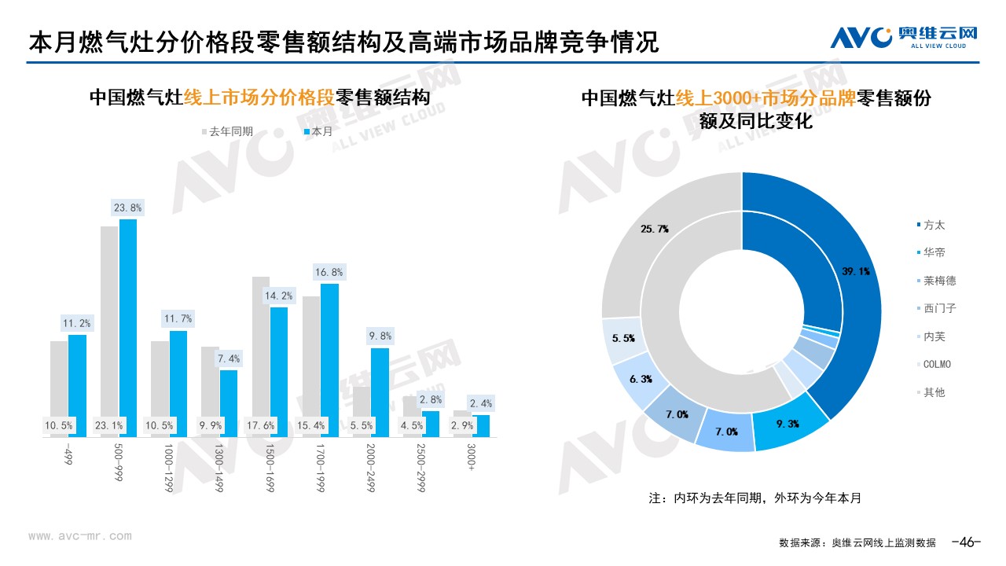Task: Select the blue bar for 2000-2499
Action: pos(380,392)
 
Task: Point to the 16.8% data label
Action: pos(329,272)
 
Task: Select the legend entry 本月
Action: pos(318,131)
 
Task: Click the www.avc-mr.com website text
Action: pos(80,536)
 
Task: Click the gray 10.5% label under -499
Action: pos(59,426)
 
